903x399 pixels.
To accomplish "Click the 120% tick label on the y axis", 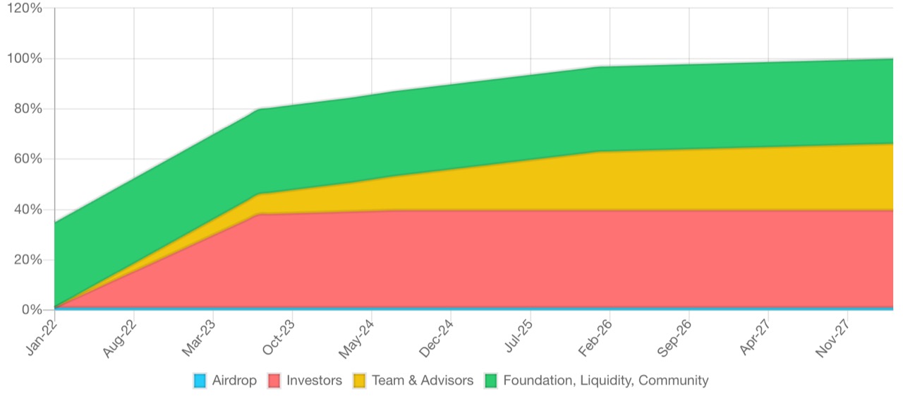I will (x=23, y=8).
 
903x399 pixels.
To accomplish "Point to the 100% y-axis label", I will (x=23, y=59).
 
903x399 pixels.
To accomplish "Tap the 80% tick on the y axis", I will (x=26, y=109).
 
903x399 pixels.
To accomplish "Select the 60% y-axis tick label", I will (x=26, y=159).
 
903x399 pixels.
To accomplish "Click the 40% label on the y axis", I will (x=26, y=210).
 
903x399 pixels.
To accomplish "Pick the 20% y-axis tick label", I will (x=26, y=260).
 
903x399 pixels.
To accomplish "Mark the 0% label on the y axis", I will (x=30, y=310).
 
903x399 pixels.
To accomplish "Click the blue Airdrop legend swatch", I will (x=200, y=381).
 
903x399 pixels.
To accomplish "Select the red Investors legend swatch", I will (x=274, y=381).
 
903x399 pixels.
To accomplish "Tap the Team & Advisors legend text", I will (x=423, y=381).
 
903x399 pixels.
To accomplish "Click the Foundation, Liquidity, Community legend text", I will (x=605, y=381).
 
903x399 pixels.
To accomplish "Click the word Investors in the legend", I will (x=314, y=381).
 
